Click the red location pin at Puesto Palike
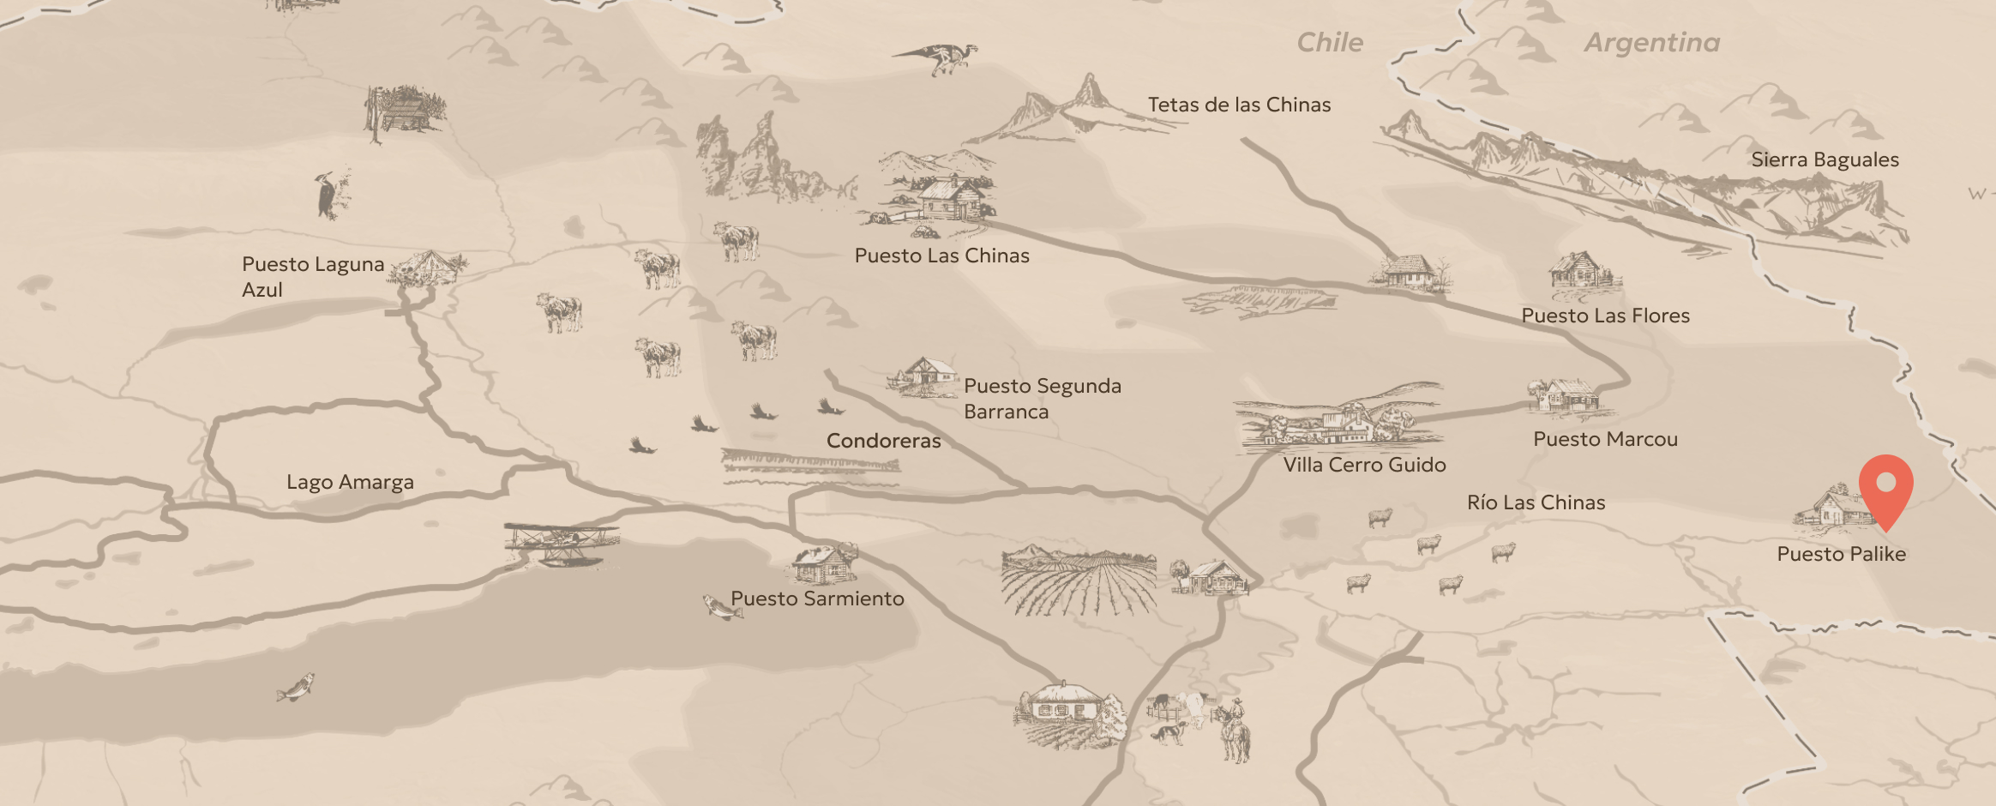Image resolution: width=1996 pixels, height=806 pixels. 1885,486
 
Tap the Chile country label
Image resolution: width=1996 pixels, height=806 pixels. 1329,42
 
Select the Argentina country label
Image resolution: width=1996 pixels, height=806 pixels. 1651,42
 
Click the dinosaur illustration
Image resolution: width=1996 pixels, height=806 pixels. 939,57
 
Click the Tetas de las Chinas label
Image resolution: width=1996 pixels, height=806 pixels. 1239,105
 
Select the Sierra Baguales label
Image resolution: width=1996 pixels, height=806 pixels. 1825,159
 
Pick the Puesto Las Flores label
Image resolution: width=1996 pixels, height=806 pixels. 1605,316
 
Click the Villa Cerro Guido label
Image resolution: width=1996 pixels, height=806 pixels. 1364,465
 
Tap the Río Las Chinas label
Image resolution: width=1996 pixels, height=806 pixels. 1536,502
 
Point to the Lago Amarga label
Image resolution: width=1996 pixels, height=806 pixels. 350,482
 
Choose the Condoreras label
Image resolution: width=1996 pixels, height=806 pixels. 883,441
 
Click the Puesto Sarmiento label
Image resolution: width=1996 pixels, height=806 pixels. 817,598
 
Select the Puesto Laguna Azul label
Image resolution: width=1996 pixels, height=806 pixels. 312,276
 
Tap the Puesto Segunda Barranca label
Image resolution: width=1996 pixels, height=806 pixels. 1042,399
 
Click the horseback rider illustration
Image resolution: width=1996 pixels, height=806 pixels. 1234,730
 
